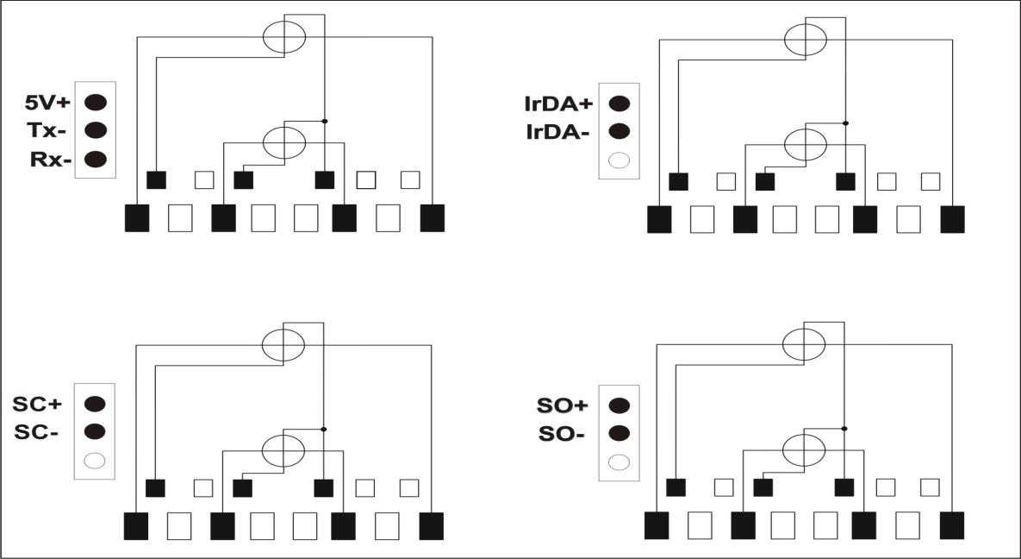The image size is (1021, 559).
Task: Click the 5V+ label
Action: (47, 103)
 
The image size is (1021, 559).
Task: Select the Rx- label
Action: (50, 160)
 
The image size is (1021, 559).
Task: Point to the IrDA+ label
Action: (558, 104)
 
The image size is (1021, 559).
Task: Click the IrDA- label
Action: (558, 132)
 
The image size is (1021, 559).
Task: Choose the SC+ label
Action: (37, 404)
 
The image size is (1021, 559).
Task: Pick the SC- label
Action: (36, 432)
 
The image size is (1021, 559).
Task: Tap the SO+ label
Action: (563, 405)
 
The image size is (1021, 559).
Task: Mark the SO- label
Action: (562, 433)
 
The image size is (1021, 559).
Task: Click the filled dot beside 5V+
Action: (96, 102)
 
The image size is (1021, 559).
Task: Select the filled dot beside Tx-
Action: (96, 130)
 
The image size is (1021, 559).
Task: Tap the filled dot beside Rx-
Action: (96, 159)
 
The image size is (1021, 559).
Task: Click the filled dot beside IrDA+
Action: (619, 103)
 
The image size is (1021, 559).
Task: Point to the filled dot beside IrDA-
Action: (619, 131)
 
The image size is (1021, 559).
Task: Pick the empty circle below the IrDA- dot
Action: (619, 160)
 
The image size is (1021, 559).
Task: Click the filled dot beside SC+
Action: (95, 403)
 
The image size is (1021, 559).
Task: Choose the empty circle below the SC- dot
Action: (95, 461)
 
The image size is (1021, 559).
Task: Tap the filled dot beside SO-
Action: (619, 433)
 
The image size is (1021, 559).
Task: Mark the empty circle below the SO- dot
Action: (619, 462)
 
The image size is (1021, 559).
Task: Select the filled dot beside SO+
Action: (619, 405)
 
